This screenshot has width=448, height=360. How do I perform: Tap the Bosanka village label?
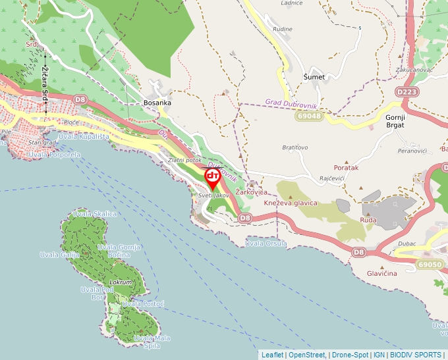click(x=157, y=103)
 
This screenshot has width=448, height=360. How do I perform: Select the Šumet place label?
click(x=314, y=77)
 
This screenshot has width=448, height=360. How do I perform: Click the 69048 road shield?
click(x=309, y=116)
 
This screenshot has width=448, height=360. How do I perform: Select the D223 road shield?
click(x=408, y=92)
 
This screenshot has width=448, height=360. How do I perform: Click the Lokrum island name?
click(x=121, y=282)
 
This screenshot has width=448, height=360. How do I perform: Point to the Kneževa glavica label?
click(x=291, y=203)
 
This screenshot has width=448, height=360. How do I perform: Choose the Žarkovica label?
click(x=251, y=192)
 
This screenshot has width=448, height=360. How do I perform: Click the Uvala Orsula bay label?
click(x=266, y=244)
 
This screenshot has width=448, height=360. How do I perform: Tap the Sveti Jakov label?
click(x=213, y=195)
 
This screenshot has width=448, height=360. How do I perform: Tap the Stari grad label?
click(x=42, y=142)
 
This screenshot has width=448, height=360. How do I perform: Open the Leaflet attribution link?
click(x=272, y=355)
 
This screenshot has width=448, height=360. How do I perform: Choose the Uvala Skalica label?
click(x=95, y=214)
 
